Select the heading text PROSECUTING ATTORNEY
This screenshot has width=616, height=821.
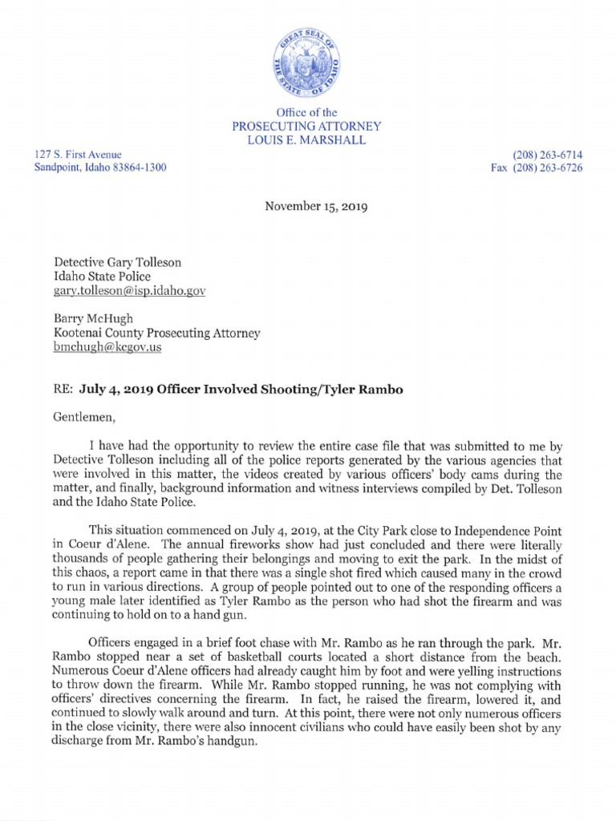point(306,127)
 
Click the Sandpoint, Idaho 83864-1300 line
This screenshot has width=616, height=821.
point(100,168)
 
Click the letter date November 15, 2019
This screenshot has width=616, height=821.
point(316,207)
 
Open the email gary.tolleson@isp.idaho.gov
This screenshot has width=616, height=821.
point(129,291)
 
